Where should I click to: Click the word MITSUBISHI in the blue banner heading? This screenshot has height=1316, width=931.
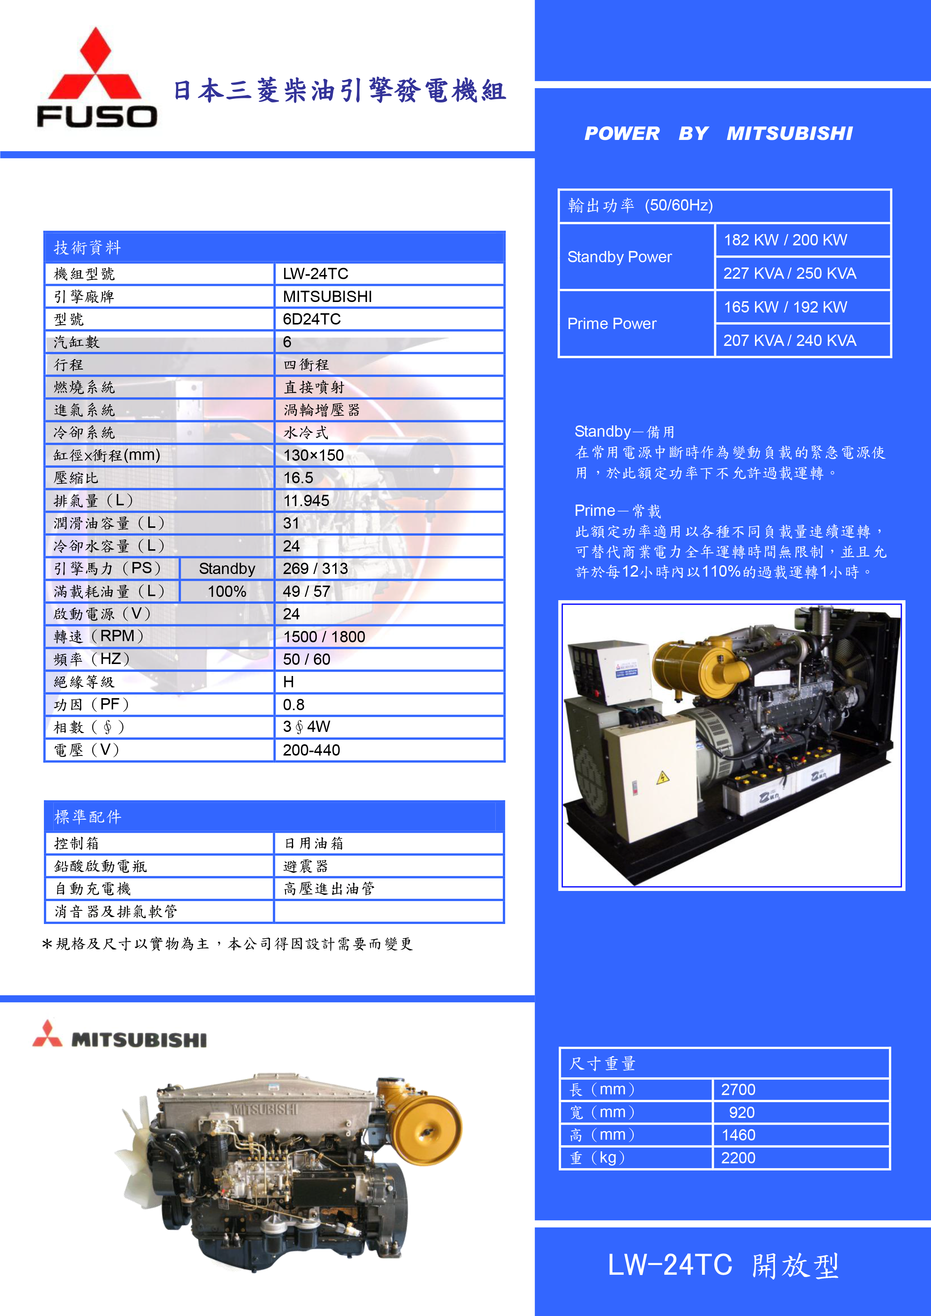(790, 134)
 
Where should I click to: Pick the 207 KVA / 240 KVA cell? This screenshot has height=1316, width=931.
(790, 341)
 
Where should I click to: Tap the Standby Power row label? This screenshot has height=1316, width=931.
(619, 257)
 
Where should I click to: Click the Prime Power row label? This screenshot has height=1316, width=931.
(612, 324)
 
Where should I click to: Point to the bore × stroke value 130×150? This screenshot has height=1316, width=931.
(314, 456)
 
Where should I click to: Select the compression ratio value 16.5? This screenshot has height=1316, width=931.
(299, 478)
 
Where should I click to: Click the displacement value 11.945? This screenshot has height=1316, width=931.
(307, 501)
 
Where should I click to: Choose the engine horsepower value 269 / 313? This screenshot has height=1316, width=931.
(315, 569)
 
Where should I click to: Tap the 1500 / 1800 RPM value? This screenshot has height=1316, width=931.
(324, 637)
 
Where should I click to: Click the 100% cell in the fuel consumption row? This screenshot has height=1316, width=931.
(227, 592)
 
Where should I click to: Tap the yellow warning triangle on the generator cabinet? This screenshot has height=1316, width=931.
(663, 777)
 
